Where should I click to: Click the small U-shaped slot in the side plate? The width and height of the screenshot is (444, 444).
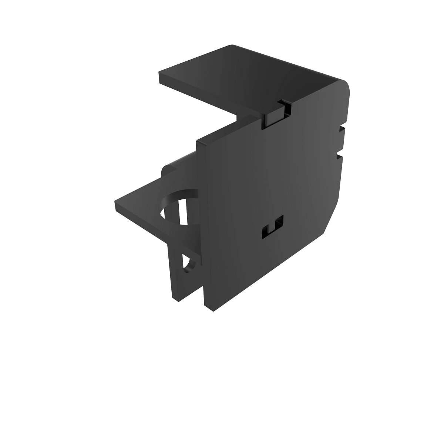click(x=272, y=226)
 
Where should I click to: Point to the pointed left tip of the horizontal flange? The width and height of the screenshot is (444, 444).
click(x=116, y=203)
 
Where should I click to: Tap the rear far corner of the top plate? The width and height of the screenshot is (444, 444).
click(x=231, y=46)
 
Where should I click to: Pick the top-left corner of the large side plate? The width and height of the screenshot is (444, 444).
click(x=198, y=142)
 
